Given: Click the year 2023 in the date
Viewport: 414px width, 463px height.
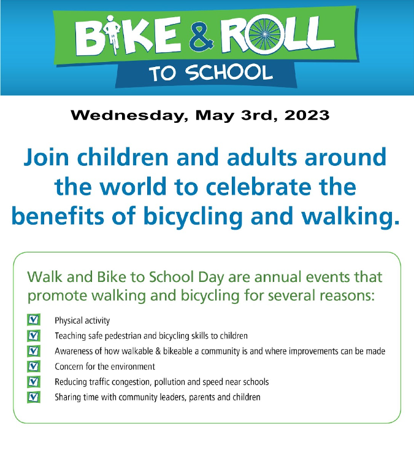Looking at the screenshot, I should pos(305,115).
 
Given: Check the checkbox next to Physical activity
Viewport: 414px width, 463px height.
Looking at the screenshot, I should pos(34,320).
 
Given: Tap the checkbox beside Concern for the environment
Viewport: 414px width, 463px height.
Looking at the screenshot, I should pos(34,366).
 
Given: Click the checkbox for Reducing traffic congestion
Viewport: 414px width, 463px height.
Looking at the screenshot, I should pos(34,381).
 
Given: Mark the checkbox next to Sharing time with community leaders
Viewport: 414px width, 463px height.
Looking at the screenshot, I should pos(34,397).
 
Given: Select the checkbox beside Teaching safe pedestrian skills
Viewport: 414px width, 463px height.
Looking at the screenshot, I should pos(34,335).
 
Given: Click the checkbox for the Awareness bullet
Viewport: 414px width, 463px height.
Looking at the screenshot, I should pos(34,351).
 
